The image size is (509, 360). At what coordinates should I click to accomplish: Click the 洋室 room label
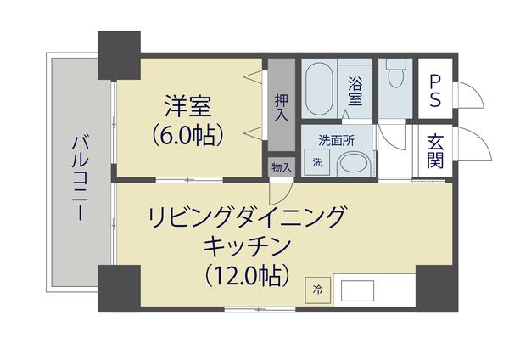pos(187,107)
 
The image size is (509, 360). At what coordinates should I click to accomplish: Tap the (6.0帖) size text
pos(187,133)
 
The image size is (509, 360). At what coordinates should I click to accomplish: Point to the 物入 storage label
pos(282,167)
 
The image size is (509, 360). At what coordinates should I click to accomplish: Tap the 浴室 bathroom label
pos(355,91)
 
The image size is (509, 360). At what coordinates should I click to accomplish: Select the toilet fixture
pos(394,77)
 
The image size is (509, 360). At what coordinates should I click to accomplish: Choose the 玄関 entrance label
pos(435,151)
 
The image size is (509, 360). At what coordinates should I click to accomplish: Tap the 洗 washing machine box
pos(317,162)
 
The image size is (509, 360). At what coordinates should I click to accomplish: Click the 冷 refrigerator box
pos(318,289)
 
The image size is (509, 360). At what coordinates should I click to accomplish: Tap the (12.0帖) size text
pos(247,275)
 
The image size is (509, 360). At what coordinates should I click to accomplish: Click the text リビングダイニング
pos(247,217)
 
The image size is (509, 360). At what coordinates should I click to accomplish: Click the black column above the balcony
pos(118,52)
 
